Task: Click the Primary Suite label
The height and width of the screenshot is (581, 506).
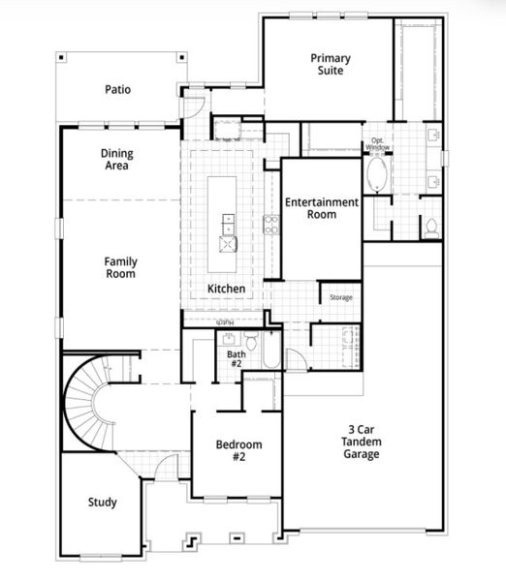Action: [x=331, y=65]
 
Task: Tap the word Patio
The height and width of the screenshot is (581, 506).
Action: [x=118, y=90]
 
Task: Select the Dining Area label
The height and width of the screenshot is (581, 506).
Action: [x=117, y=160]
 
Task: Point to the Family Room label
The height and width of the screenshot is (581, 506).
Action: [x=120, y=267]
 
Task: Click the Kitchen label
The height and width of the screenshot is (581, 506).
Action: [x=227, y=289]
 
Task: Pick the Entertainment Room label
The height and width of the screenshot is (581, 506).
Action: [x=322, y=208]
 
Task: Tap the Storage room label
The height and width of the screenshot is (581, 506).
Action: [x=341, y=297]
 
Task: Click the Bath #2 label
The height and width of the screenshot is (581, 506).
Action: [x=237, y=360]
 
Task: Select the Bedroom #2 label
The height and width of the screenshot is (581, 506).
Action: [x=238, y=450]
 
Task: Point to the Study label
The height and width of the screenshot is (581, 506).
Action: [x=103, y=502]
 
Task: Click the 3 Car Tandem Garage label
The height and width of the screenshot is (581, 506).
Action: [x=361, y=442]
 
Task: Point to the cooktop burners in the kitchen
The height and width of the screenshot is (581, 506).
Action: [x=271, y=225]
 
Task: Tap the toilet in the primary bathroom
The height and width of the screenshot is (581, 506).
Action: [x=430, y=227]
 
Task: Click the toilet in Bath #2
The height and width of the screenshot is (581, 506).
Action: [x=251, y=341]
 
